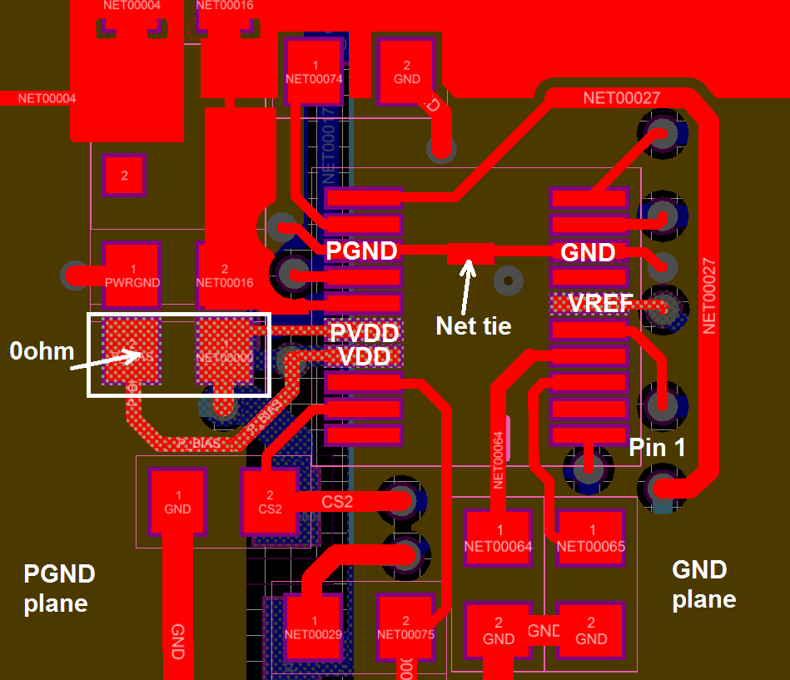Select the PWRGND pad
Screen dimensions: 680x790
click(x=131, y=272)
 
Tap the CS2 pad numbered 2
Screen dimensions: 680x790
click(x=269, y=501)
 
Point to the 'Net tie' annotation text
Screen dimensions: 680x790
click(x=473, y=325)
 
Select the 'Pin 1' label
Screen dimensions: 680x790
click(x=657, y=448)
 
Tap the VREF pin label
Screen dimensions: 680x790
click(x=600, y=304)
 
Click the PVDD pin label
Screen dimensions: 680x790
click(x=364, y=333)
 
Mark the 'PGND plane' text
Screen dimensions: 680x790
click(x=59, y=588)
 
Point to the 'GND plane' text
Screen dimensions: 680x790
click(x=703, y=583)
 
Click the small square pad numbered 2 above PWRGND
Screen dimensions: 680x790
click(x=124, y=176)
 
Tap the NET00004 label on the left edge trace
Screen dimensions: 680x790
click(x=47, y=98)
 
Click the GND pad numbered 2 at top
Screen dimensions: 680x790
click(x=406, y=72)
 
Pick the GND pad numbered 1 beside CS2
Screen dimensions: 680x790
click(x=177, y=501)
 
